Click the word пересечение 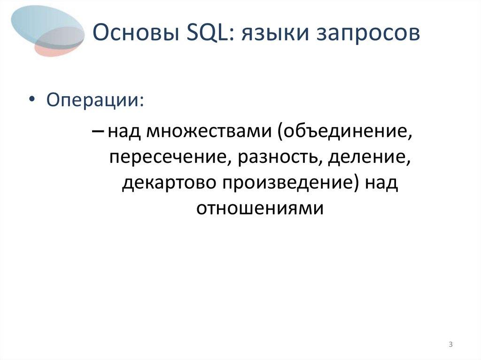(165, 159)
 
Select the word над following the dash (124, 134)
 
